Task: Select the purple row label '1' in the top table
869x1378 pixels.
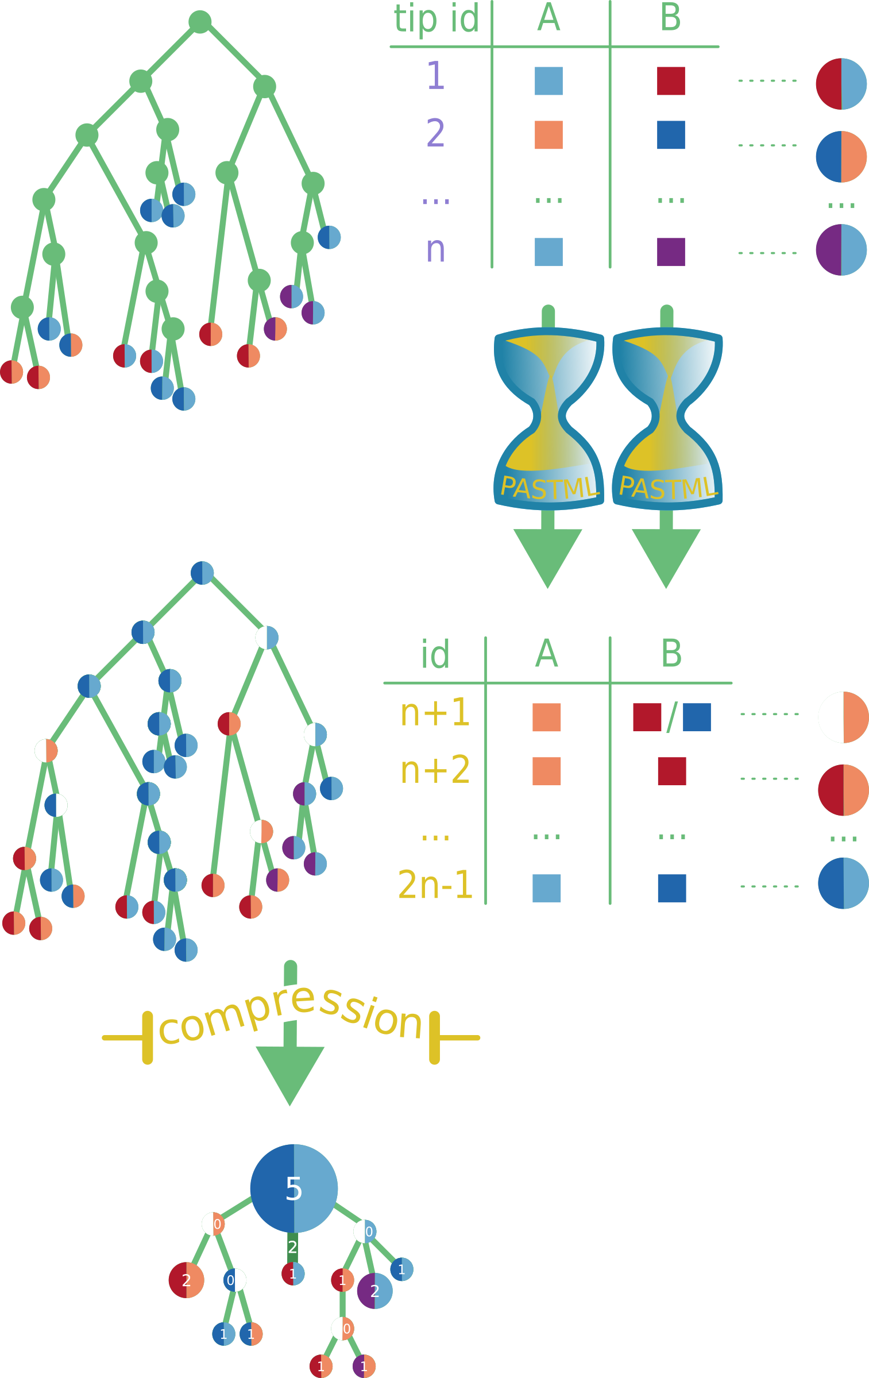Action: coord(436,76)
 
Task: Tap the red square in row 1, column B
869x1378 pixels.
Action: coord(671,81)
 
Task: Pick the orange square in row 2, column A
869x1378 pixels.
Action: coord(549,135)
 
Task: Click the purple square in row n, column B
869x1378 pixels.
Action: coord(671,252)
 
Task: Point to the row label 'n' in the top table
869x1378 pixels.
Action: coord(436,250)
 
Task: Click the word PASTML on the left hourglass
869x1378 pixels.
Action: coord(549,488)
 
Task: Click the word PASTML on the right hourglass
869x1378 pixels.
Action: coord(667,488)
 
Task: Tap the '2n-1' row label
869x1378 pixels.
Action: coord(435,885)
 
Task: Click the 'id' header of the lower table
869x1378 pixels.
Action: coord(435,654)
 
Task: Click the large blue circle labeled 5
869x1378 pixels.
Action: coord(293,1188)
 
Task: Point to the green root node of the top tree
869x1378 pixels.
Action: coord(200,22)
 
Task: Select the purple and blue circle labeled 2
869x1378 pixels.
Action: coord(374,1291)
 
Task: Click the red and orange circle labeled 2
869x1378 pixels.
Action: coord(186,1280)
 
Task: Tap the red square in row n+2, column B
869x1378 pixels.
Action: coord(671,771)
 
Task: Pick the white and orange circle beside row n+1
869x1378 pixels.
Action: coord(843,717)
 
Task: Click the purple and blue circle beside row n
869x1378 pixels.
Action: coord(841,250)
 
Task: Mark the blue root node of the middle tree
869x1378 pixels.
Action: coord(202,573)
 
